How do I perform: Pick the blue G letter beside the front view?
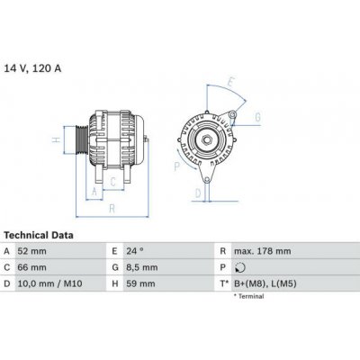pyautogui.click(x=257, y=117)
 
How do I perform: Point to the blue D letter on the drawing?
pyautogui.click(x=196, y=191)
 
